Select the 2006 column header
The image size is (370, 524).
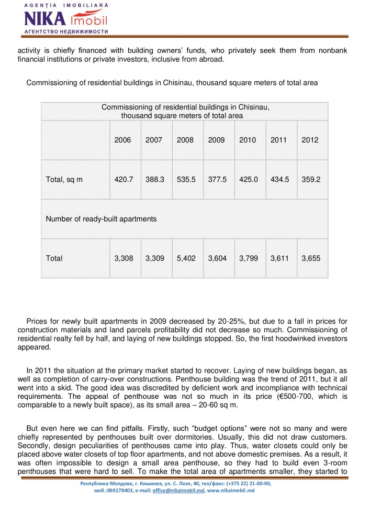122,140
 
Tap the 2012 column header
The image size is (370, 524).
310,140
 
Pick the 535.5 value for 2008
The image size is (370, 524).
186,179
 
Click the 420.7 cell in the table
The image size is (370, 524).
124,179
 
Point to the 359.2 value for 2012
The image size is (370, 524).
311,179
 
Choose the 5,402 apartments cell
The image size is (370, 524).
186,258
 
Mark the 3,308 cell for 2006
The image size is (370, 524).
124,258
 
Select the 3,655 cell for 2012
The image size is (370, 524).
311,258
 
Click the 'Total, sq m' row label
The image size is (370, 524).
64,180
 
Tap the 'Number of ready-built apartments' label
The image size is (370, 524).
101,219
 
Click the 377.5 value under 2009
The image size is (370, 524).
217,179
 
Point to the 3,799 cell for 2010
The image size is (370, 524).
249,258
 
